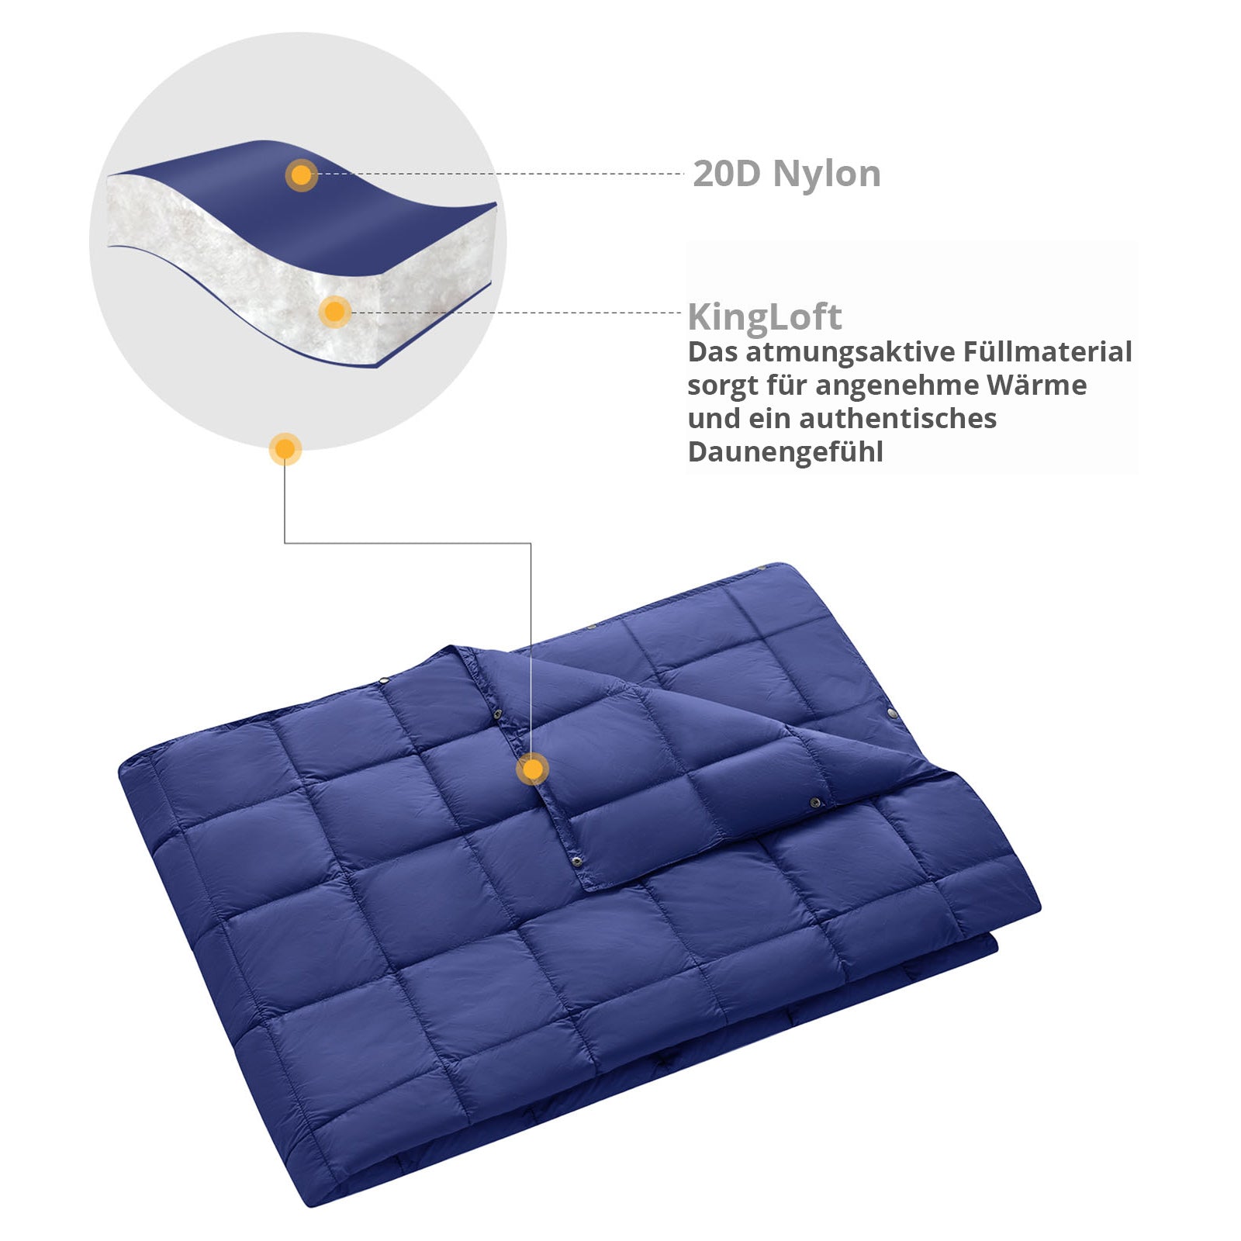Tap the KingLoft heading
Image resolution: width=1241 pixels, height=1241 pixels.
pyautogui.click(x=764, y=316)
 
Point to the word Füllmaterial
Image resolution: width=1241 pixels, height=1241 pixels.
pyautogui.click(x=1047, y=351)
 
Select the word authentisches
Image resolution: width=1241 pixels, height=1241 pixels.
pyautogui.click(x=897, y=419)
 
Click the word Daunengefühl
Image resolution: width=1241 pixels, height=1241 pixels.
pyautogui.click(x=785, y=451)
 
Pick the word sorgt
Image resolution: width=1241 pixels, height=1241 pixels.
pyautogui.click(x=722, y=386)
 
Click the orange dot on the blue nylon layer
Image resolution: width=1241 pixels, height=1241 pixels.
pyautogui.click(x=301, y=175)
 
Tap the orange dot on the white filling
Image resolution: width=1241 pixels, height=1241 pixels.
pyautogui.click(x=334, y=312)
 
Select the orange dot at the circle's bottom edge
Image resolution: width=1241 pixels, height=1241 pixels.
pyautogui.click(x=285, y=448)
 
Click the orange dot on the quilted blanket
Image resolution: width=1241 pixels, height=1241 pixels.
pyautogui.click(x=532, y=769)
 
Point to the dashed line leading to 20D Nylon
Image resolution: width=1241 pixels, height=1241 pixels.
pyautogui.click(x=504, y=174)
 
